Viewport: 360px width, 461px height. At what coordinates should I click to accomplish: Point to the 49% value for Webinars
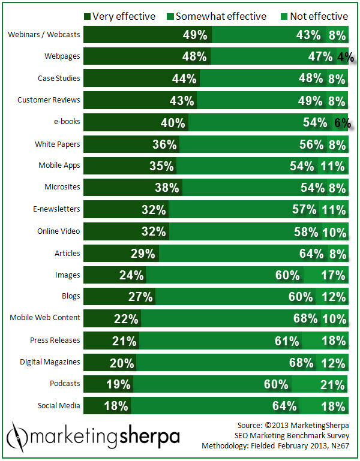(x=195, y=35)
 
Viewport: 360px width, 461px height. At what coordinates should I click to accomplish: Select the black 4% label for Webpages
(x=344, y=58)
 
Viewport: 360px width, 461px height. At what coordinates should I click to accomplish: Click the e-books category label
(x=68, y=122)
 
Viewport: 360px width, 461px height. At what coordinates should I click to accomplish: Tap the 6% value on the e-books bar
(x=342, y=123)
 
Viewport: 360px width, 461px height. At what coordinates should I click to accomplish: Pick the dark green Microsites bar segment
(x=132, y=188)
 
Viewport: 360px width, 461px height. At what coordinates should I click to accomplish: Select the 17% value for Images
(x=334, y=276)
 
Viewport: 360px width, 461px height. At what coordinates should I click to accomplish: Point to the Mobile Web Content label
(x=45, y=318)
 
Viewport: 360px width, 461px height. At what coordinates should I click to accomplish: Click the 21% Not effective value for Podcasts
(x=334, y=384)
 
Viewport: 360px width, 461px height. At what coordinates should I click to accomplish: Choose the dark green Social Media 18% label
(x=116, y=406)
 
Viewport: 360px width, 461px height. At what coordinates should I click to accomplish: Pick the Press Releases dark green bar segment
(x=111, y=341)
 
